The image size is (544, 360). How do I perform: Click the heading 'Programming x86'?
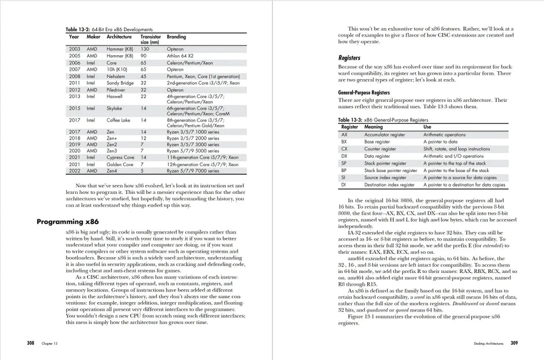click(x=67, y=221)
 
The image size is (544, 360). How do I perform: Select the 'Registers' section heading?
click(x=349, y=57)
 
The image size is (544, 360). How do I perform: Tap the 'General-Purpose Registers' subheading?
click(x=364, y=92)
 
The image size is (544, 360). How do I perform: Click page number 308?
click(x=31, y=343)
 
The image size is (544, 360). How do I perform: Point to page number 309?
click(x=514, y=343)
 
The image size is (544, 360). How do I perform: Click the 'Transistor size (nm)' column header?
click(x=150, y=39)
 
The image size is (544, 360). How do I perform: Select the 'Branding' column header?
click(x=176, y=37)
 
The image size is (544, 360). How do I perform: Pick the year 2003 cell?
click(x=74, y=49)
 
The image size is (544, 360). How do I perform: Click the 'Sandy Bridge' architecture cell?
click(x=120, y=83)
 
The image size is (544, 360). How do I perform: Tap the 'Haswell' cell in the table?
click(x=115, y=96)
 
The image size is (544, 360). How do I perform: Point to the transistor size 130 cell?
click(x=144, y=49)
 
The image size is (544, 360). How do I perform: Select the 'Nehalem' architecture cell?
click(x=116, y=76)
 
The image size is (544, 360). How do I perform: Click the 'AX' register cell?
click(x=344, y=135)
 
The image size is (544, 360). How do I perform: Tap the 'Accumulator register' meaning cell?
click(x=384, y=135)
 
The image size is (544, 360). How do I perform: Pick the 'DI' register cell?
click(x=344, y=185)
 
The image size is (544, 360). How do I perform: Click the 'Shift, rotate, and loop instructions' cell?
click(x=449, y=149)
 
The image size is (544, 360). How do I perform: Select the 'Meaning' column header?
click(x=373, y=127)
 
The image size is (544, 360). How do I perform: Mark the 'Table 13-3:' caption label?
click(x=350, y=121)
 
